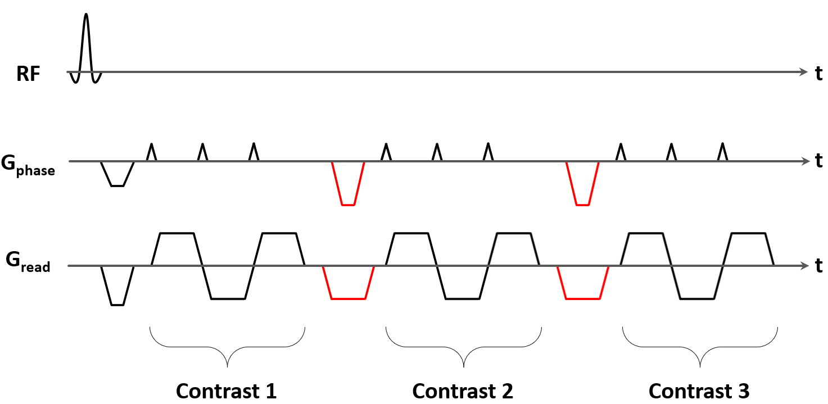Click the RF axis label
[29, 74]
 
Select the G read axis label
[28, 262]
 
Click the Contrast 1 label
[227, 391]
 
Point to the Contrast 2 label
[463, 391]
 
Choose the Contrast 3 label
[699, 391]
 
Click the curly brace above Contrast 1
[227, 348]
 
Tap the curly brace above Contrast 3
[700, 348]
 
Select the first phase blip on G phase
[151, 152]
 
